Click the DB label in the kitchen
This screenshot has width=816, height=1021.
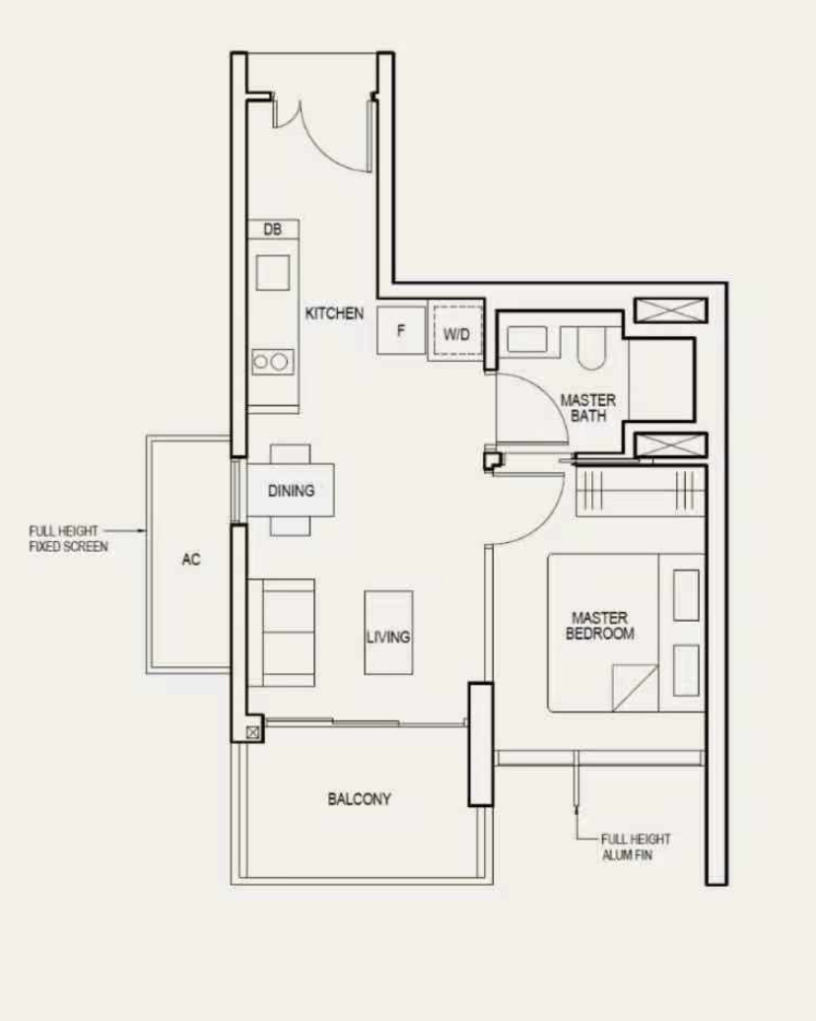point(273,230)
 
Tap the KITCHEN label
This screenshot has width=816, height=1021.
point(335,313)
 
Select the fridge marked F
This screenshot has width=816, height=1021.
point(401,330)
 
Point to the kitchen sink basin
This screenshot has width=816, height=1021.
point(273,272)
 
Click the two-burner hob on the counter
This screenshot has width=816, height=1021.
point(273,362)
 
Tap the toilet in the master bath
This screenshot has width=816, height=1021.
point(591,348)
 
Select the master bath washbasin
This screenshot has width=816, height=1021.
point(527,340)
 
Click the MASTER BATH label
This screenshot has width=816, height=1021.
point(588,408)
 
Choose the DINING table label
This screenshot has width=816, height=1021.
point(291,491)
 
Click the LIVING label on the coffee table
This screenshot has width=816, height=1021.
point(388,637)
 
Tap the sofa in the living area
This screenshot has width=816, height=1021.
point(281,633)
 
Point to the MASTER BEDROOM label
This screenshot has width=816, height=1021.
point(600,625)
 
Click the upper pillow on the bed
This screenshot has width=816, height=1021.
point(686,594)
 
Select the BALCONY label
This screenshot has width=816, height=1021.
point(360,798)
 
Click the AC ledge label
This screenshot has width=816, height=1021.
point(191,559)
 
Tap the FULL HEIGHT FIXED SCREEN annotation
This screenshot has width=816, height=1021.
point(68,538)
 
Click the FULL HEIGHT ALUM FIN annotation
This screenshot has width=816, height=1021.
point(636,847)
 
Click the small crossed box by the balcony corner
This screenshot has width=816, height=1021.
point(253,732)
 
